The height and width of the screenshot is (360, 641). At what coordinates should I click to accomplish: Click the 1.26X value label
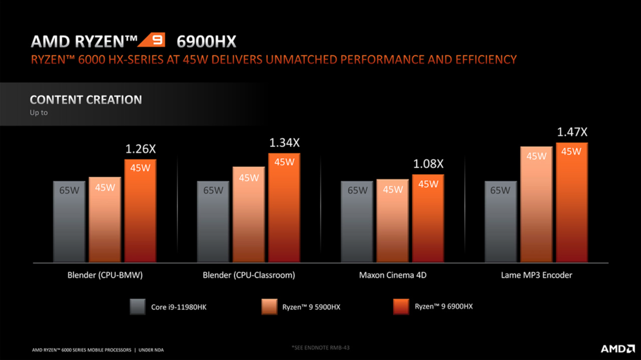pyautogui.click(x=140, y=149)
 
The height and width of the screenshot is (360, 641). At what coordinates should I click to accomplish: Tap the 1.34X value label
pyautogui.click(x=284, y=143)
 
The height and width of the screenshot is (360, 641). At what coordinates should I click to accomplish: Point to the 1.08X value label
pyautogui.click(x=428, y=164)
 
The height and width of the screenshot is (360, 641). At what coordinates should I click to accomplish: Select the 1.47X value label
pyautogui.click(x=572, y=132)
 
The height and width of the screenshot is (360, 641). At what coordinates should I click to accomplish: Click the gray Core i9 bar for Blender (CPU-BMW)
pyautogui.click(x=69, y=221)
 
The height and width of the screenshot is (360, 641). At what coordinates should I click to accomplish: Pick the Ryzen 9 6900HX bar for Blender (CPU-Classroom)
pyautogui.click(x=284, y=208)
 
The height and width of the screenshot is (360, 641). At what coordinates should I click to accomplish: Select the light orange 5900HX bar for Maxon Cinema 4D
pyautogui.click(x=392, y=221)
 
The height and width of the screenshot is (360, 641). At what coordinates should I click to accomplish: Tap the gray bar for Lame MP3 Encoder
pyautogui.click(x=500, y=221)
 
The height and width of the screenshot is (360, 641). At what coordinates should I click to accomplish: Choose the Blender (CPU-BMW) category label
pyautogui.click(x=105, y=275)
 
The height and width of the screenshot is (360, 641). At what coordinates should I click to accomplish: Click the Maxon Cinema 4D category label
pyautogui.click(x=392, y=275)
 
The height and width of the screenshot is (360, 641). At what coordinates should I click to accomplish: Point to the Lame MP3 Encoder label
pyautogui.click(x=536, y=275)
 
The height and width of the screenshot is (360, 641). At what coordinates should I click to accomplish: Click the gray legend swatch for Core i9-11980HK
pyautogui.click(x=138, y=307)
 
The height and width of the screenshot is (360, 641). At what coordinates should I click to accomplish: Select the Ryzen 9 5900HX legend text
pyautogui.click(x=311, y=307)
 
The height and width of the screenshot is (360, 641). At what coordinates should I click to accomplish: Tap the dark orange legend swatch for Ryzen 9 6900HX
pyautogui.click(x=401, y=307)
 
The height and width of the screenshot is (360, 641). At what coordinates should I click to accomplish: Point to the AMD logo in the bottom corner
pyautogui.click(x=617, y=349)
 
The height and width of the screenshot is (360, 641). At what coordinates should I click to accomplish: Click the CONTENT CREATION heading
pyautogui.click(x=86, y=100)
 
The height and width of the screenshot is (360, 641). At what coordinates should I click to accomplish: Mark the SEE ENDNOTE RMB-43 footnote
pyautogui.click(x=320, y=347)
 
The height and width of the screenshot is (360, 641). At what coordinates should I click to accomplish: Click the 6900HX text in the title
pyautogui.click(x=206, y=42)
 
